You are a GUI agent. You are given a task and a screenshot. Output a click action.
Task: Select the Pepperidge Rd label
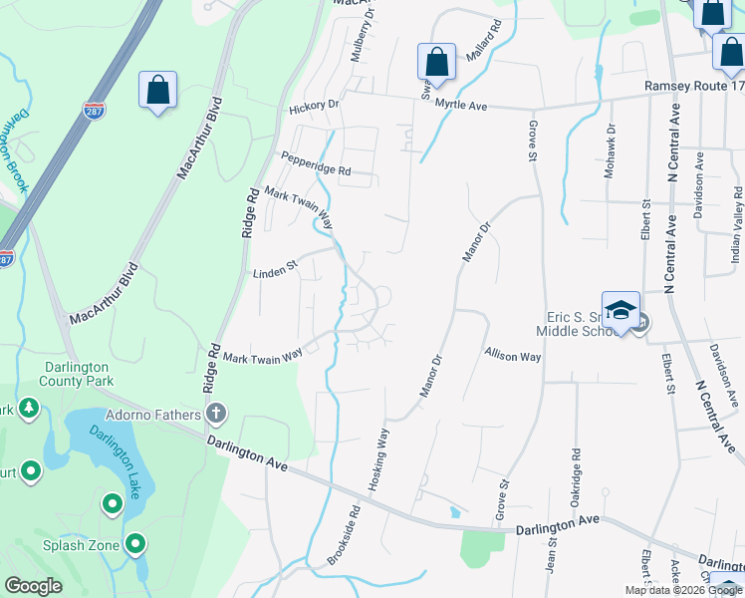click(x=316, y=163)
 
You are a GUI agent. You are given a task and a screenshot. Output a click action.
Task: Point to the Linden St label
click(x=276, y=272)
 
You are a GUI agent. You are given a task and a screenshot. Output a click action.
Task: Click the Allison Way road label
click(x=513, y=355)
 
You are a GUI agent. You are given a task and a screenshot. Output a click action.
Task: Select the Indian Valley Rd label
click(x=738, y=224)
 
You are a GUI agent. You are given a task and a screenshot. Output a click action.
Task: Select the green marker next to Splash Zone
click(x=135, y=544)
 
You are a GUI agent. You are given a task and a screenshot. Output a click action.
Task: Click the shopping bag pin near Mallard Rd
click(x=436, y=61)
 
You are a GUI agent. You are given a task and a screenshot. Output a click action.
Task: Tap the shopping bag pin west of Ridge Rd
click(x=157, y=90)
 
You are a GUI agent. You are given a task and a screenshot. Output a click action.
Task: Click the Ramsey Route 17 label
click(x=694, y=86)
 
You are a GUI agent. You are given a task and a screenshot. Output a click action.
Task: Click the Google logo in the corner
click(x=33, y=586)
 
